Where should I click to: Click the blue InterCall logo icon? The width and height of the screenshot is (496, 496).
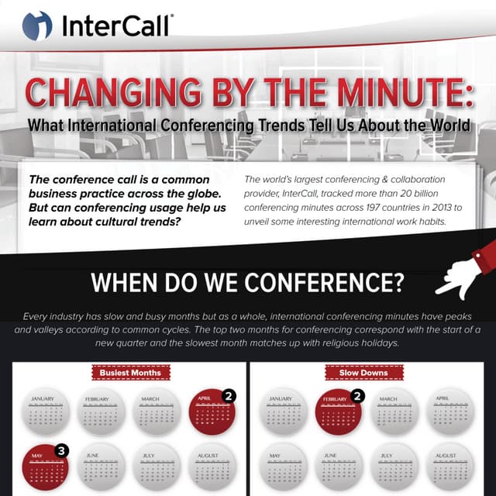click(x=36, y=25)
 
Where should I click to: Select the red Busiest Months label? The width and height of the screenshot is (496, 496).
click(x=130, y=373)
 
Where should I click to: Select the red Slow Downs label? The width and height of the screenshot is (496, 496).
click(x=363, y=373)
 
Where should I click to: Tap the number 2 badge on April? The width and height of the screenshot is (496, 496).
click(x=229, y=396)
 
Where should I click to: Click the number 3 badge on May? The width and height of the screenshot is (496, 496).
click(x=63, y=449)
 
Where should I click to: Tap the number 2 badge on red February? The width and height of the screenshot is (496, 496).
click(x=357, y=396)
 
